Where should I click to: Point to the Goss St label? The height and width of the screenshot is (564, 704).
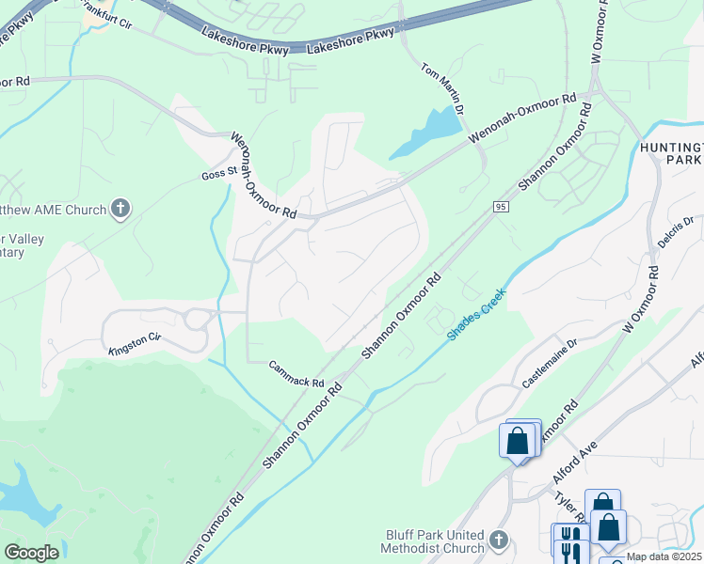click(216, 175)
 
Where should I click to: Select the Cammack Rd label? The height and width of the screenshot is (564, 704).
click(296, 374)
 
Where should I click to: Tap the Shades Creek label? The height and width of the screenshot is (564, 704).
click(476, 314)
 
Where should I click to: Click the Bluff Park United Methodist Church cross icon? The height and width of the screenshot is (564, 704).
click(499, 540)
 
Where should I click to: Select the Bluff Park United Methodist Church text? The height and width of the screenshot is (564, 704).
click(433, 540)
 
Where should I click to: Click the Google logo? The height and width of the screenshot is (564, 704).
click(31, 553)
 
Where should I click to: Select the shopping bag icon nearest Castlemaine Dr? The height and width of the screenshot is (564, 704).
click(518, 442)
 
